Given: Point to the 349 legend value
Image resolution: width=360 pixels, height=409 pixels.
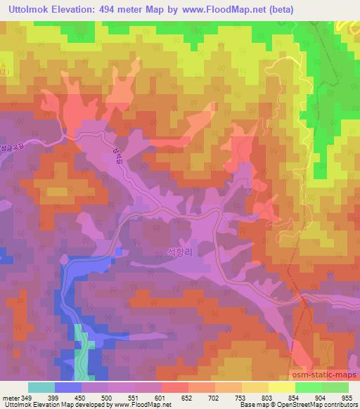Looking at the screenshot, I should click(x=27, y=398).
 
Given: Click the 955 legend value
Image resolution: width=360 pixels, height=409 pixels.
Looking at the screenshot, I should click(x=347, y=398).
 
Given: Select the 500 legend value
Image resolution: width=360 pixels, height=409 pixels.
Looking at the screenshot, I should click(x=108, y=398).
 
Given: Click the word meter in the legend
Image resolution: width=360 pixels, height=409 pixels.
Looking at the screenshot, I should click(x=11, y=398).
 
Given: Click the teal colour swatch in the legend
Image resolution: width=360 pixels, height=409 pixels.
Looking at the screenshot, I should click(x=41, y=387).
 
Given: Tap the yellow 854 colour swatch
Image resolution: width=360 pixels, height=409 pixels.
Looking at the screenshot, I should click(x=282, y=387).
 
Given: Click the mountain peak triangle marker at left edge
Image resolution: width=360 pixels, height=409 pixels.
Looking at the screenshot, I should click(x=2, y=65).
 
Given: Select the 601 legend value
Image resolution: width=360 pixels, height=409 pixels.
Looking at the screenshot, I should click(x=161, y=398).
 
